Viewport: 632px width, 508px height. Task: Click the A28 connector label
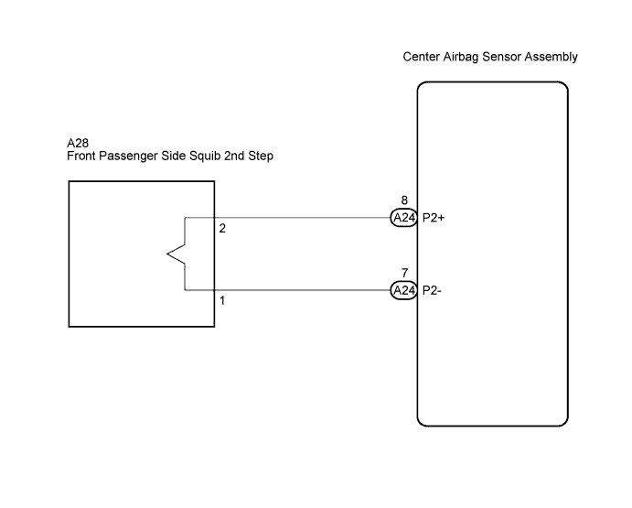78,143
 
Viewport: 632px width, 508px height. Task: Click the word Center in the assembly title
422,57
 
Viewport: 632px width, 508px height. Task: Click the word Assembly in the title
551,57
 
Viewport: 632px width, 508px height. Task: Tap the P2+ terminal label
434,218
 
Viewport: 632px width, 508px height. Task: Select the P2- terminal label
432,290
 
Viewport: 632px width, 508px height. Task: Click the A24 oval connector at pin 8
404,218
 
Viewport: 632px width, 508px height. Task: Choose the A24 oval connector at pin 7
404,290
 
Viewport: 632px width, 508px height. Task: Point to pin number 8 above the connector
404,200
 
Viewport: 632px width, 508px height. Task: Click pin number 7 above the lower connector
404,273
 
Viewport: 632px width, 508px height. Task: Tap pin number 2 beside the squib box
222,229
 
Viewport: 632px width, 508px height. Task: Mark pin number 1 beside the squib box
222,300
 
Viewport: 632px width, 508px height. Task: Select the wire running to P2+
303,218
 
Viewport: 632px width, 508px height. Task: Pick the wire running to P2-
303,290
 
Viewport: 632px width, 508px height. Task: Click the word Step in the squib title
261,157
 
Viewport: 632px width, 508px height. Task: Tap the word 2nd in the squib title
234,157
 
